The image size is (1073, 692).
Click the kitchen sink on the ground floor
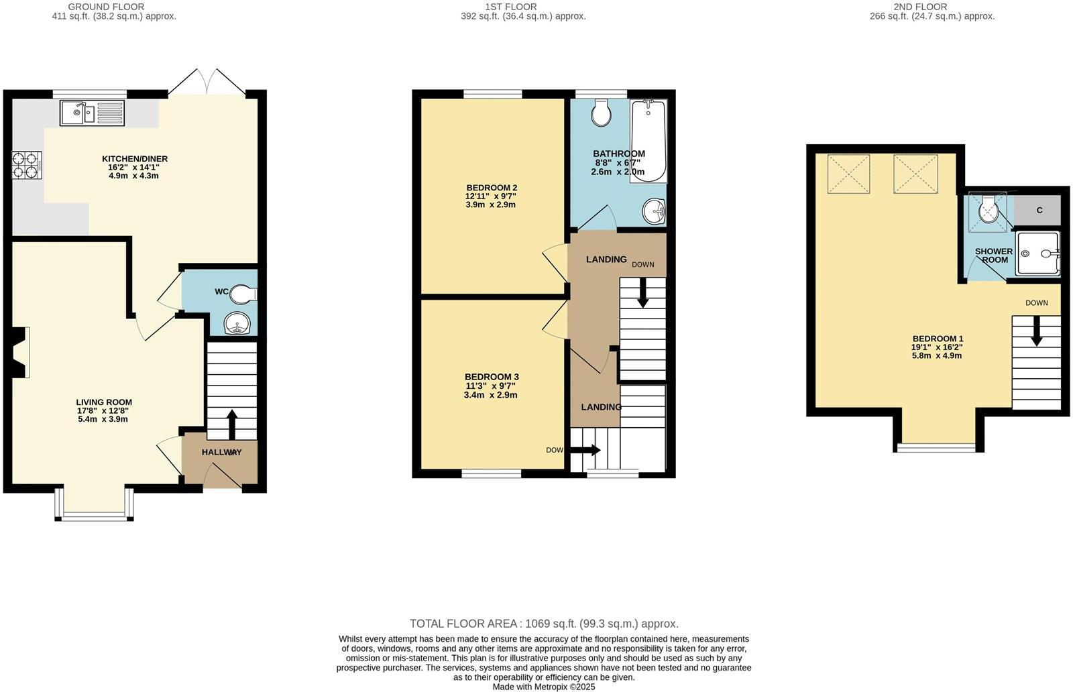point(92,113)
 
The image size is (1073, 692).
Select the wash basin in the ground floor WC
point(236,324)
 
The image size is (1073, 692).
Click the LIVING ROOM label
point(104,402)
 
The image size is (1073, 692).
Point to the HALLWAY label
point(221,453)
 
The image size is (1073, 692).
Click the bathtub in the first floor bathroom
point(648,141)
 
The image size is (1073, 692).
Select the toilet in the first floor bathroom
point(601,113)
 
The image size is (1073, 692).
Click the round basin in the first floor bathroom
point(654,213)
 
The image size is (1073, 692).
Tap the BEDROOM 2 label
point(492,188)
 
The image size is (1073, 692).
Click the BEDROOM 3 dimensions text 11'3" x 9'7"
point(492,386)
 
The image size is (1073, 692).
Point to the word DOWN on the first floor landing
point(642,265)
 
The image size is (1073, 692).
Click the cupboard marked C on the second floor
point(1039,211)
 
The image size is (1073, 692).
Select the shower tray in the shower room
point(1037,253)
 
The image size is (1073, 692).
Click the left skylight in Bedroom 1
point(848,174)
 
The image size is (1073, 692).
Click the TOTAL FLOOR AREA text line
point(544,624)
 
